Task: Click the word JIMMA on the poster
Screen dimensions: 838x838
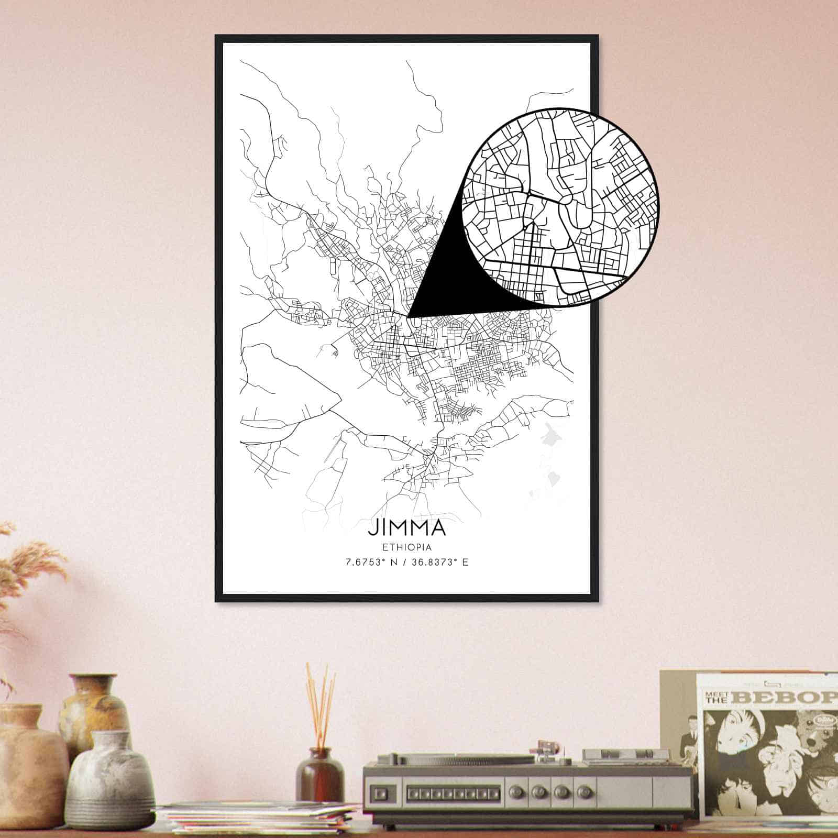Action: (406, 528)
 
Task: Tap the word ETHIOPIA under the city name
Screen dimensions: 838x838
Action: (407, 548)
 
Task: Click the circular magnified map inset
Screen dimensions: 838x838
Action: (560, 206)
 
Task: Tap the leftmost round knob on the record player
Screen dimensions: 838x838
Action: (536, 792)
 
